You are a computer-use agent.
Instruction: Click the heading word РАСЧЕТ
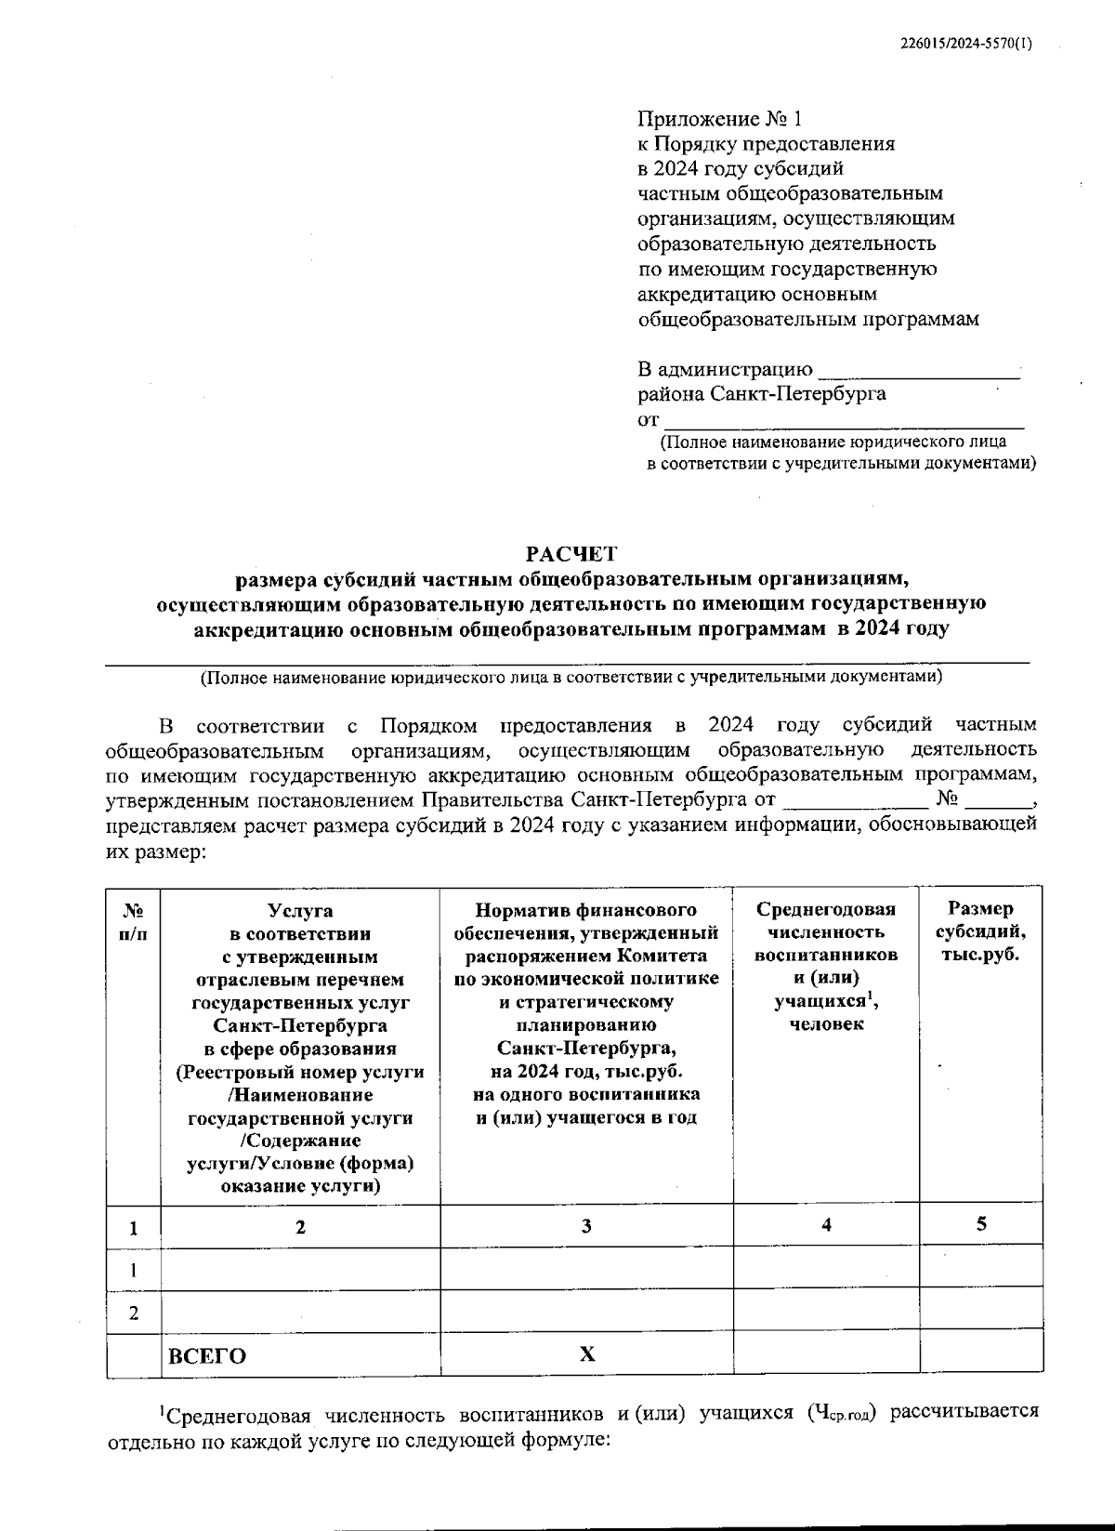[x=571, y=555]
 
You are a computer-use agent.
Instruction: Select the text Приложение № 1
[x=717, y=119]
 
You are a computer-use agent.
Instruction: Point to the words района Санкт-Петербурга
[x=761, y=393]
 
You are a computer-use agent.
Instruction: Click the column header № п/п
[x=133, y=921]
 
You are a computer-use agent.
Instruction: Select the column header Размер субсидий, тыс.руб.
[x=980, y=931]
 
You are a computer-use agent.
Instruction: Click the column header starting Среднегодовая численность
[x=826, y=967]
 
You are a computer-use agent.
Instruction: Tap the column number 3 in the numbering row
[x=586, y=1226]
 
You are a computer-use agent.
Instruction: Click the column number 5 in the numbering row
[x=980, y=1224]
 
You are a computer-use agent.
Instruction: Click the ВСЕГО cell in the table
[x=207, y=1356]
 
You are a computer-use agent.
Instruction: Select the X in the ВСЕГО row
[x=586, y=1354]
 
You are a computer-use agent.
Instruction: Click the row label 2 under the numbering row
[x=134, y=1313]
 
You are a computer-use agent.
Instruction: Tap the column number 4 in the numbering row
[x=826, y=1225]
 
